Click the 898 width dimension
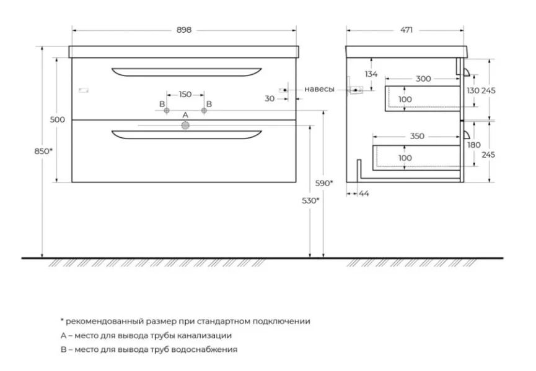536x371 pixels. tap(184, 30)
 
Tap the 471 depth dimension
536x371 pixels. tap(406, 30)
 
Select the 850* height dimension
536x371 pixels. tap(43, 151)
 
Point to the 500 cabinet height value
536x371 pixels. tap(58, 120)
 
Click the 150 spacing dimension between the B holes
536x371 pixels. tap(185, 95)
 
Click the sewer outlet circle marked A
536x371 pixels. tap(185, 126)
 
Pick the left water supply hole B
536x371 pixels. tap(167, 111)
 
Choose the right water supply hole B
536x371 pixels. tap(204, 111)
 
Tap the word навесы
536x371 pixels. tap(319, 89)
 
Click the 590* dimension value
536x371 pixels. tap(324, 183)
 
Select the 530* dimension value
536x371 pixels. tap(310, 201)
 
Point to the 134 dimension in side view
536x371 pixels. tap(371, 74)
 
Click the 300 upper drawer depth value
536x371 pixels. tap(423, 79)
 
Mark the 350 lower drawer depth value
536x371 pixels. tap(417, 137)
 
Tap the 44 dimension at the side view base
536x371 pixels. tap(364, 194)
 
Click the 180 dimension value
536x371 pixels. tap(474, 145)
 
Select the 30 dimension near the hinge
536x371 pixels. tap(270, 98)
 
